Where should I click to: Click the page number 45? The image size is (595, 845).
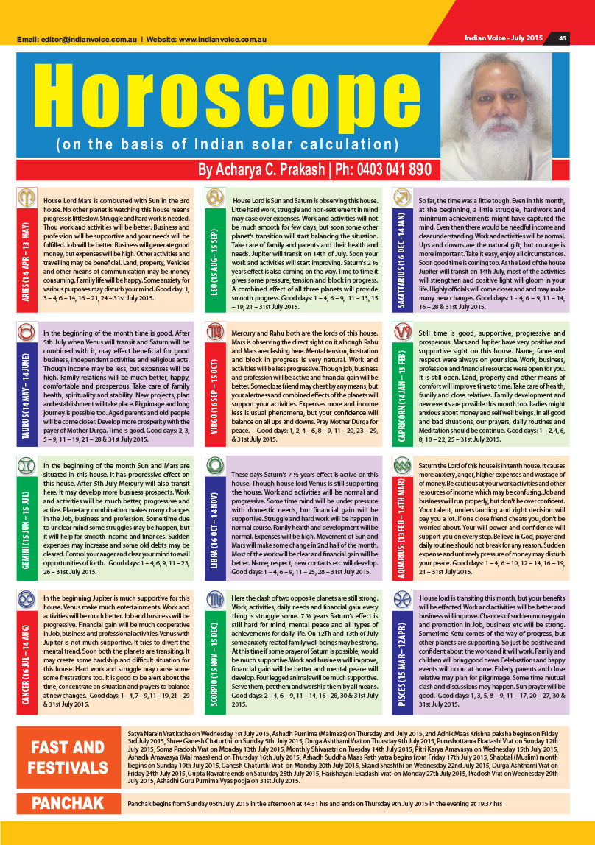[x=562, y=38]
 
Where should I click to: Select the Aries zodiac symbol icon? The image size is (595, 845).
[x=26, y=198]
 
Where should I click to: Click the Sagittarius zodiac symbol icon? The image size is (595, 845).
[x=403, y=198]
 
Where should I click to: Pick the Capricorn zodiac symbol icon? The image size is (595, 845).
[x=403, y=353]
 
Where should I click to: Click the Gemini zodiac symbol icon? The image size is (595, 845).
[x=26, y=467]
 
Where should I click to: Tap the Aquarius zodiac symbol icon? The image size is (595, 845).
[x=403, y=467]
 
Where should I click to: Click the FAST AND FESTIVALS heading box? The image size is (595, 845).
[x=68, y=758]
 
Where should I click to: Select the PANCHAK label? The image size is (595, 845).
[x=68, y=803]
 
